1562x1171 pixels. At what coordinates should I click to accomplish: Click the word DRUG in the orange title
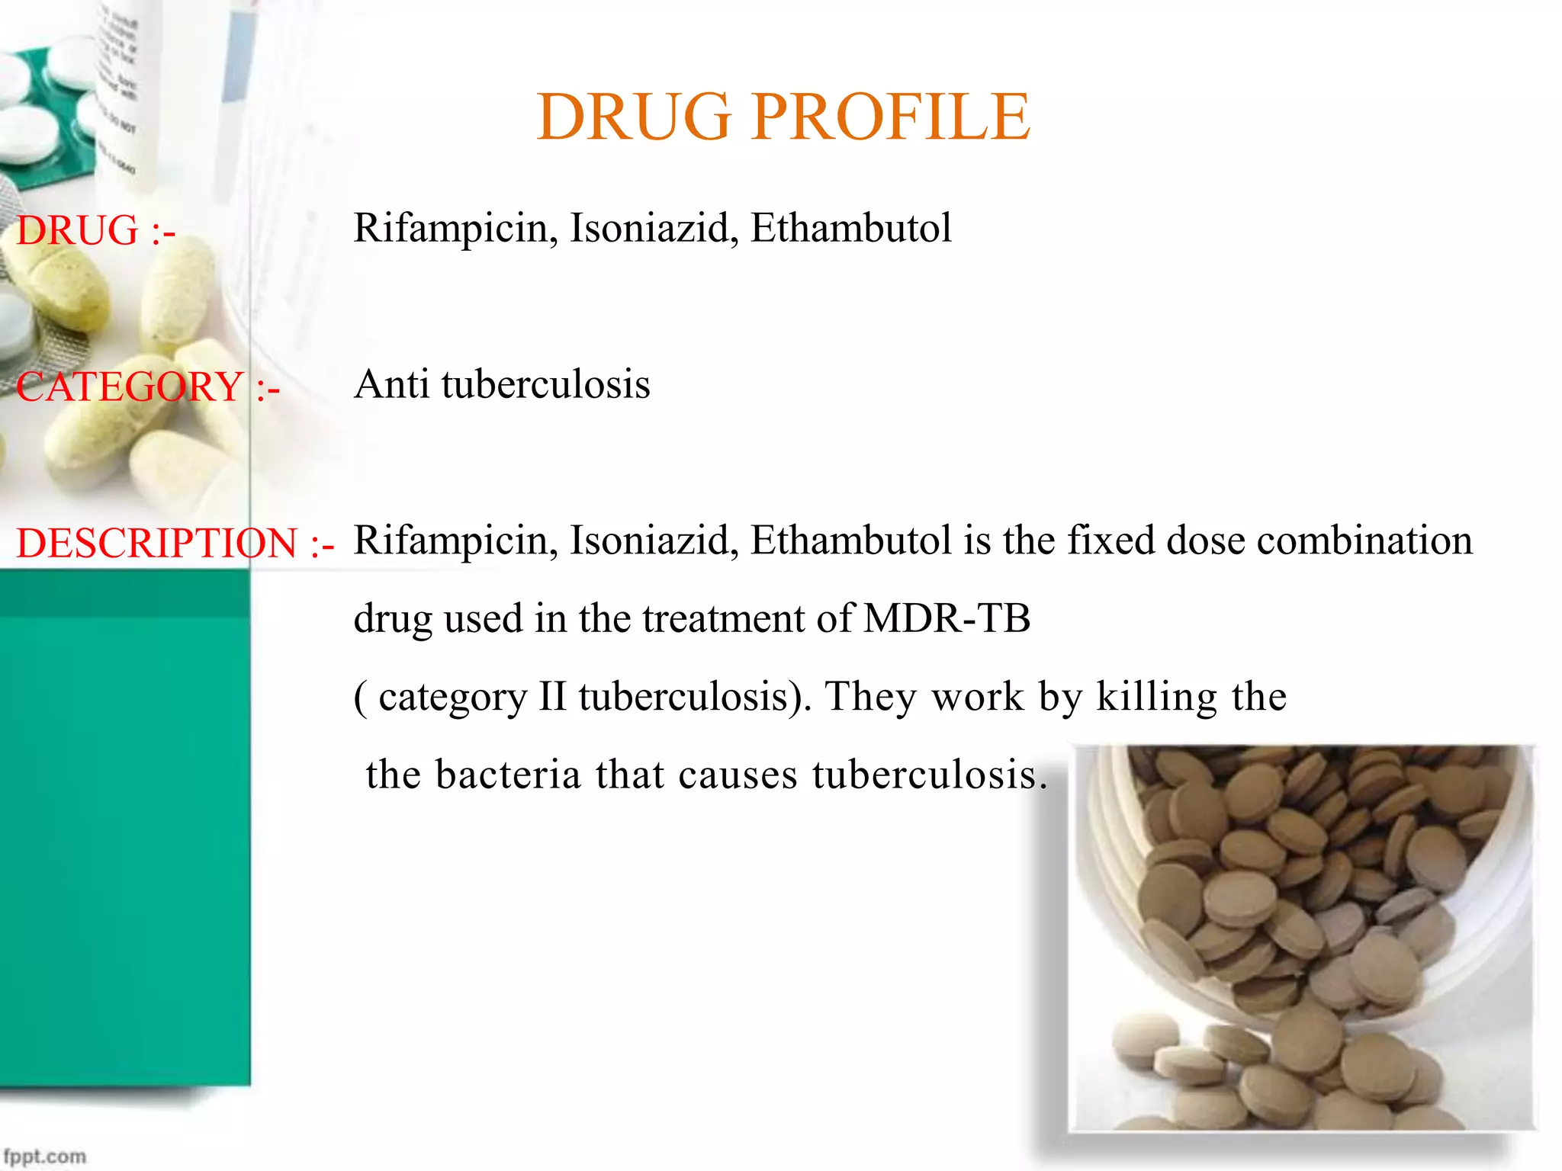point(633,117)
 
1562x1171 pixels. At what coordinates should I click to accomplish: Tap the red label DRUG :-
point(96,230)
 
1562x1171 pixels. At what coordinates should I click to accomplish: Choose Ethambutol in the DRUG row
point(850,228)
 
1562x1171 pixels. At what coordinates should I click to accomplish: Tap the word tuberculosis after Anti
point(545,383)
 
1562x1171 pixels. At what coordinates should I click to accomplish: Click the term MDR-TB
point(947,618)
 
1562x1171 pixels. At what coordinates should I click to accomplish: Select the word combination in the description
point(1364,541)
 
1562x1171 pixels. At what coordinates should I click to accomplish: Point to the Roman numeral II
point(551,696)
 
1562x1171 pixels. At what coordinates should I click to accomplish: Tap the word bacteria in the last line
point(509,775)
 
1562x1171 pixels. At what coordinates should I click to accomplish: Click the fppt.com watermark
point(44,1157)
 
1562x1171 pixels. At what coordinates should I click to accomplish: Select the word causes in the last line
point(738,775)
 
